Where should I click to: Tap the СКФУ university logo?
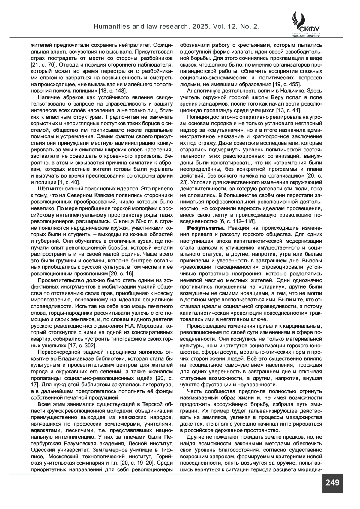click(x=306, y=24)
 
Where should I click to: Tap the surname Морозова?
click(x=148, y=326)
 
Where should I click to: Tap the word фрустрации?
click(x=208, y=385)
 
